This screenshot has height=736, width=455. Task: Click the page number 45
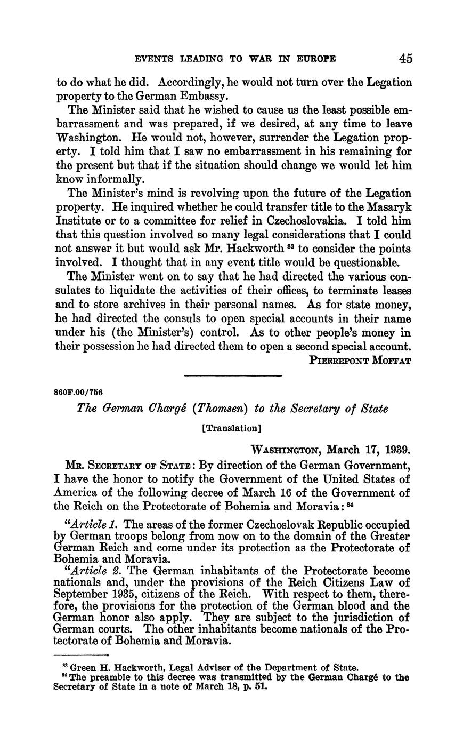(405, 58)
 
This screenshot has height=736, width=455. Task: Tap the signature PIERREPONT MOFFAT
(360, 360)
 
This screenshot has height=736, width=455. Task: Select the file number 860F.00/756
(78, 392)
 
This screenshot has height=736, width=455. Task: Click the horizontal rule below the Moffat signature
(232, 377)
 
